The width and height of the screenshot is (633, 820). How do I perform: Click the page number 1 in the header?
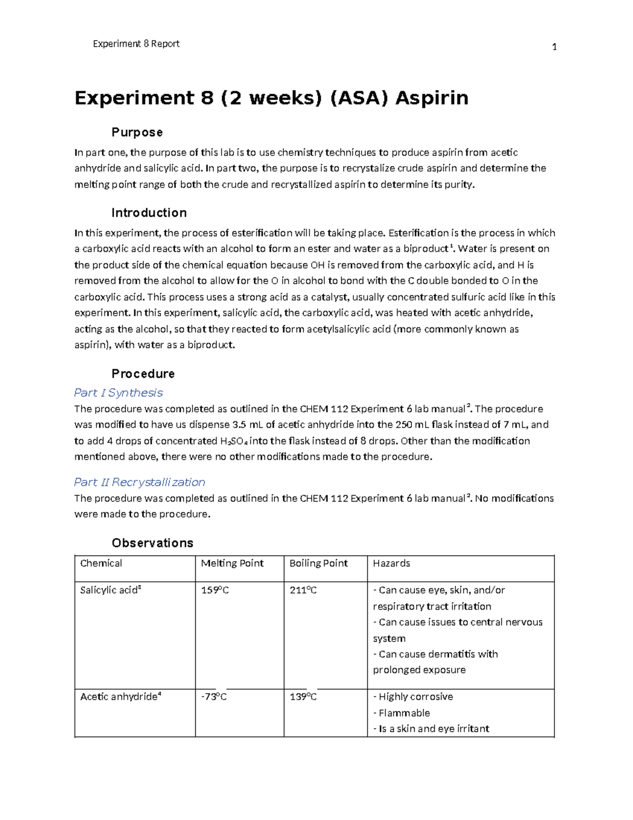[x=554, y=47]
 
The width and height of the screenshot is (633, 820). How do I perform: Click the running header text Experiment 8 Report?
[x=136, y=44]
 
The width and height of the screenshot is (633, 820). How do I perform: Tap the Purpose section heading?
[x=137, y=132]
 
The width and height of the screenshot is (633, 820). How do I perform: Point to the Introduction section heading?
[x=149, y=213]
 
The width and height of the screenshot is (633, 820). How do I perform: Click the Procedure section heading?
[x=143, y=374]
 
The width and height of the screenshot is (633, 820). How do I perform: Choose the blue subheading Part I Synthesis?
[x=118, y=393]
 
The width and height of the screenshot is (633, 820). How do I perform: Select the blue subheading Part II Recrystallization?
[x=139, y=482]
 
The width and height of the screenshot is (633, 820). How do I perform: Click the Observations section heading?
[x=152, y=543]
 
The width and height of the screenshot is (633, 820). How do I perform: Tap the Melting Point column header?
[x=232, y=563]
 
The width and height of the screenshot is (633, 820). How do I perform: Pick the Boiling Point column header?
[x=319, y=563]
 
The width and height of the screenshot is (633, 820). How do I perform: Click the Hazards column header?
[x=391, y=563]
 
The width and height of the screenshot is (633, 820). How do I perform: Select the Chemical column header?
[x=101, y=563]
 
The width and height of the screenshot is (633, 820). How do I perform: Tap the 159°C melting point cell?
[x=215, y=590]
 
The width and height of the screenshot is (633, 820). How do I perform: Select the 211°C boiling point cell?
[x=303, y=590]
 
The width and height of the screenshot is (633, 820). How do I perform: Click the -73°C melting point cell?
[x=214, y=697]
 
